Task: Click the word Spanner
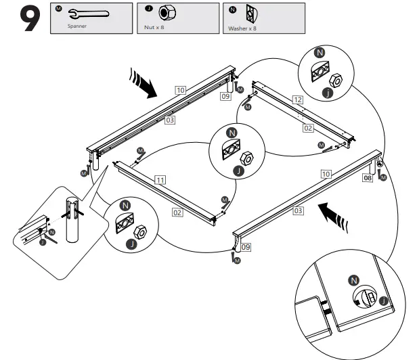tap(78, 28)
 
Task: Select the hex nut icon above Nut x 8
tap(163, 14)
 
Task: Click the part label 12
tap(297, 99)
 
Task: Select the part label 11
tap(160, 180)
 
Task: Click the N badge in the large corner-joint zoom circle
tap(351, 279)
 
